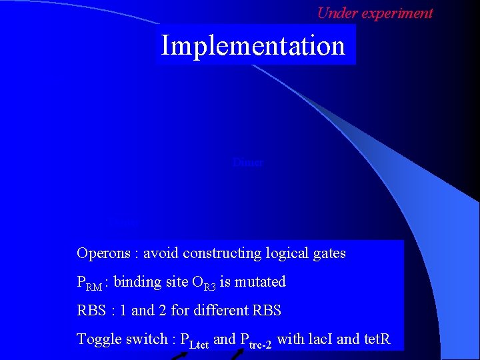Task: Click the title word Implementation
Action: pyautogui.click(x=253, y=46)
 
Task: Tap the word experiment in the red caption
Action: pyautogui.click(x=397, y=13)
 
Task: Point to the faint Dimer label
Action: pyautogui.click(x=248, y=162)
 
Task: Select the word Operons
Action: pyautogui.click(x=99, y=253)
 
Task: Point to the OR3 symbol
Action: pyautogui.click(x=205, y=283)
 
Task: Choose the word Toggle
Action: pyautogui.click(x=98, y=339)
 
